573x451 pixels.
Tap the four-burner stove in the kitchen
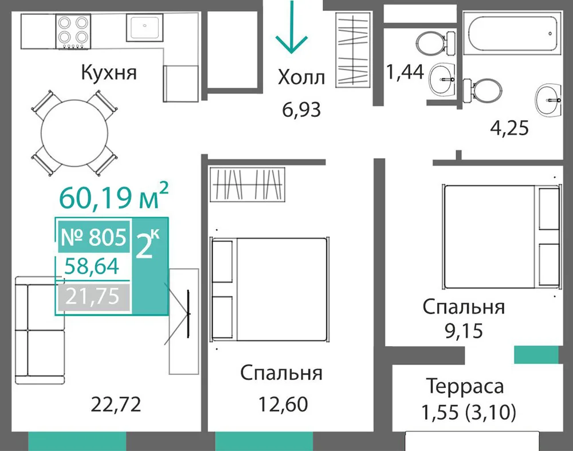(73, 32)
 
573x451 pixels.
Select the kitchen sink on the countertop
(145, 28)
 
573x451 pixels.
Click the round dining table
(74, 133)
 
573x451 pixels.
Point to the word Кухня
(109, 72)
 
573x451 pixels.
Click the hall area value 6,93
(301, 109)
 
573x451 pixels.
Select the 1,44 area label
(405, 72)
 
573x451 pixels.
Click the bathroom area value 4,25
(509, 128)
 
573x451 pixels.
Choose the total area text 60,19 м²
(113, 197)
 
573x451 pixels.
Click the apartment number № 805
(94, 237)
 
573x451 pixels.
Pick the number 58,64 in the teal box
(92, 266)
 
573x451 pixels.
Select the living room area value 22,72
(116, 404)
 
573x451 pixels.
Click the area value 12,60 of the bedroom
(283, 404)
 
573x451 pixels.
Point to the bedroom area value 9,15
(464, 331)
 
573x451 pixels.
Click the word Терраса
(465, 386)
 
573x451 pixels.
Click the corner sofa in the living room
(40, 331)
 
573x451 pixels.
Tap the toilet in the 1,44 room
(435, 43)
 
